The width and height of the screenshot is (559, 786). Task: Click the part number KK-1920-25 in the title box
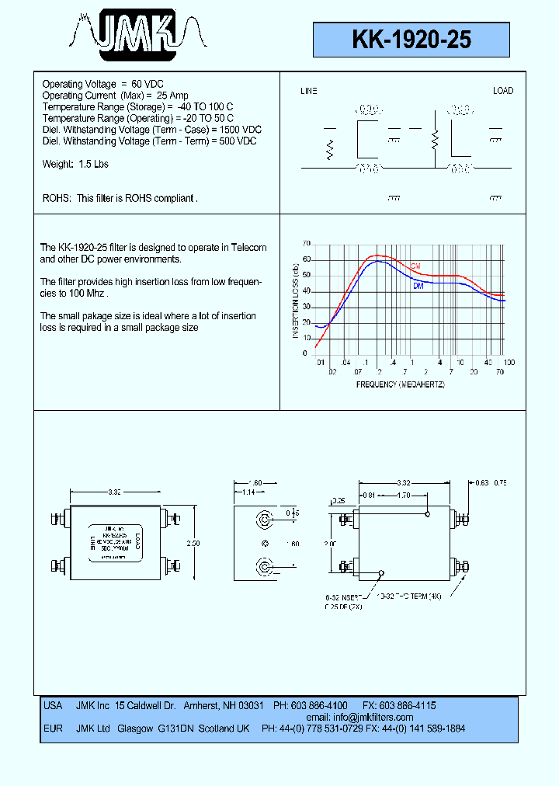(x=411, y=40)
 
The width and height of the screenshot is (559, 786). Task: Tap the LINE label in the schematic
(x=309, y=91)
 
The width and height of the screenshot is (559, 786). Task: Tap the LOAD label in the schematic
(x=503, y=91)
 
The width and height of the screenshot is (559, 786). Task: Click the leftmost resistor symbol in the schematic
(x=330, y=150)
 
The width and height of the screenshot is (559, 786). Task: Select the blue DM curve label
(x=418, y=287)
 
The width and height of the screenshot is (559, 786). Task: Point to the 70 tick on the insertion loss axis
(x=306, y=243)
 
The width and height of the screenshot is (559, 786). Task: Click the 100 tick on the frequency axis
(x=509, y=363)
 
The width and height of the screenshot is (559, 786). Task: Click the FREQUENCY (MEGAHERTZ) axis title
(x=400, y=384)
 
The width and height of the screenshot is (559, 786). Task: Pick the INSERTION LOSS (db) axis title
(x=296, y=300)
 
